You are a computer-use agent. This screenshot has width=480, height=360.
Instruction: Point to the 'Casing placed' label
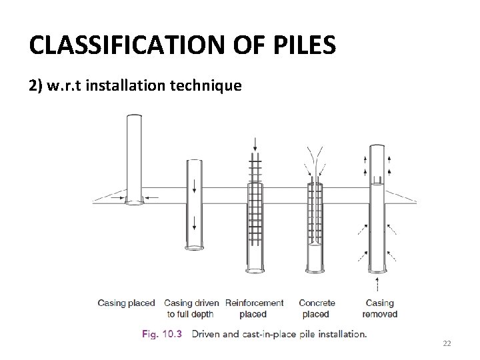click(126, 303)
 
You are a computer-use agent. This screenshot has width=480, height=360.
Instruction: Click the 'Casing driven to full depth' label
click(191, 309)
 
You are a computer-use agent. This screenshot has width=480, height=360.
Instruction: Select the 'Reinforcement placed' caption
click(254, 309)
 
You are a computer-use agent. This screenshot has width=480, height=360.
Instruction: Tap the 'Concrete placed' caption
click(317, 309)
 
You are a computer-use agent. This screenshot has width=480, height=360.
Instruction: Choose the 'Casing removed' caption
click(379, 309)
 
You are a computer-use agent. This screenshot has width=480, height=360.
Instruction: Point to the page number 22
click(447, 343)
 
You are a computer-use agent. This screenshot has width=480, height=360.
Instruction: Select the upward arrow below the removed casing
click(379, 284)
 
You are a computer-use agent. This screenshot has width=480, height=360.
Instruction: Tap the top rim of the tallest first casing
click(134, 115)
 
